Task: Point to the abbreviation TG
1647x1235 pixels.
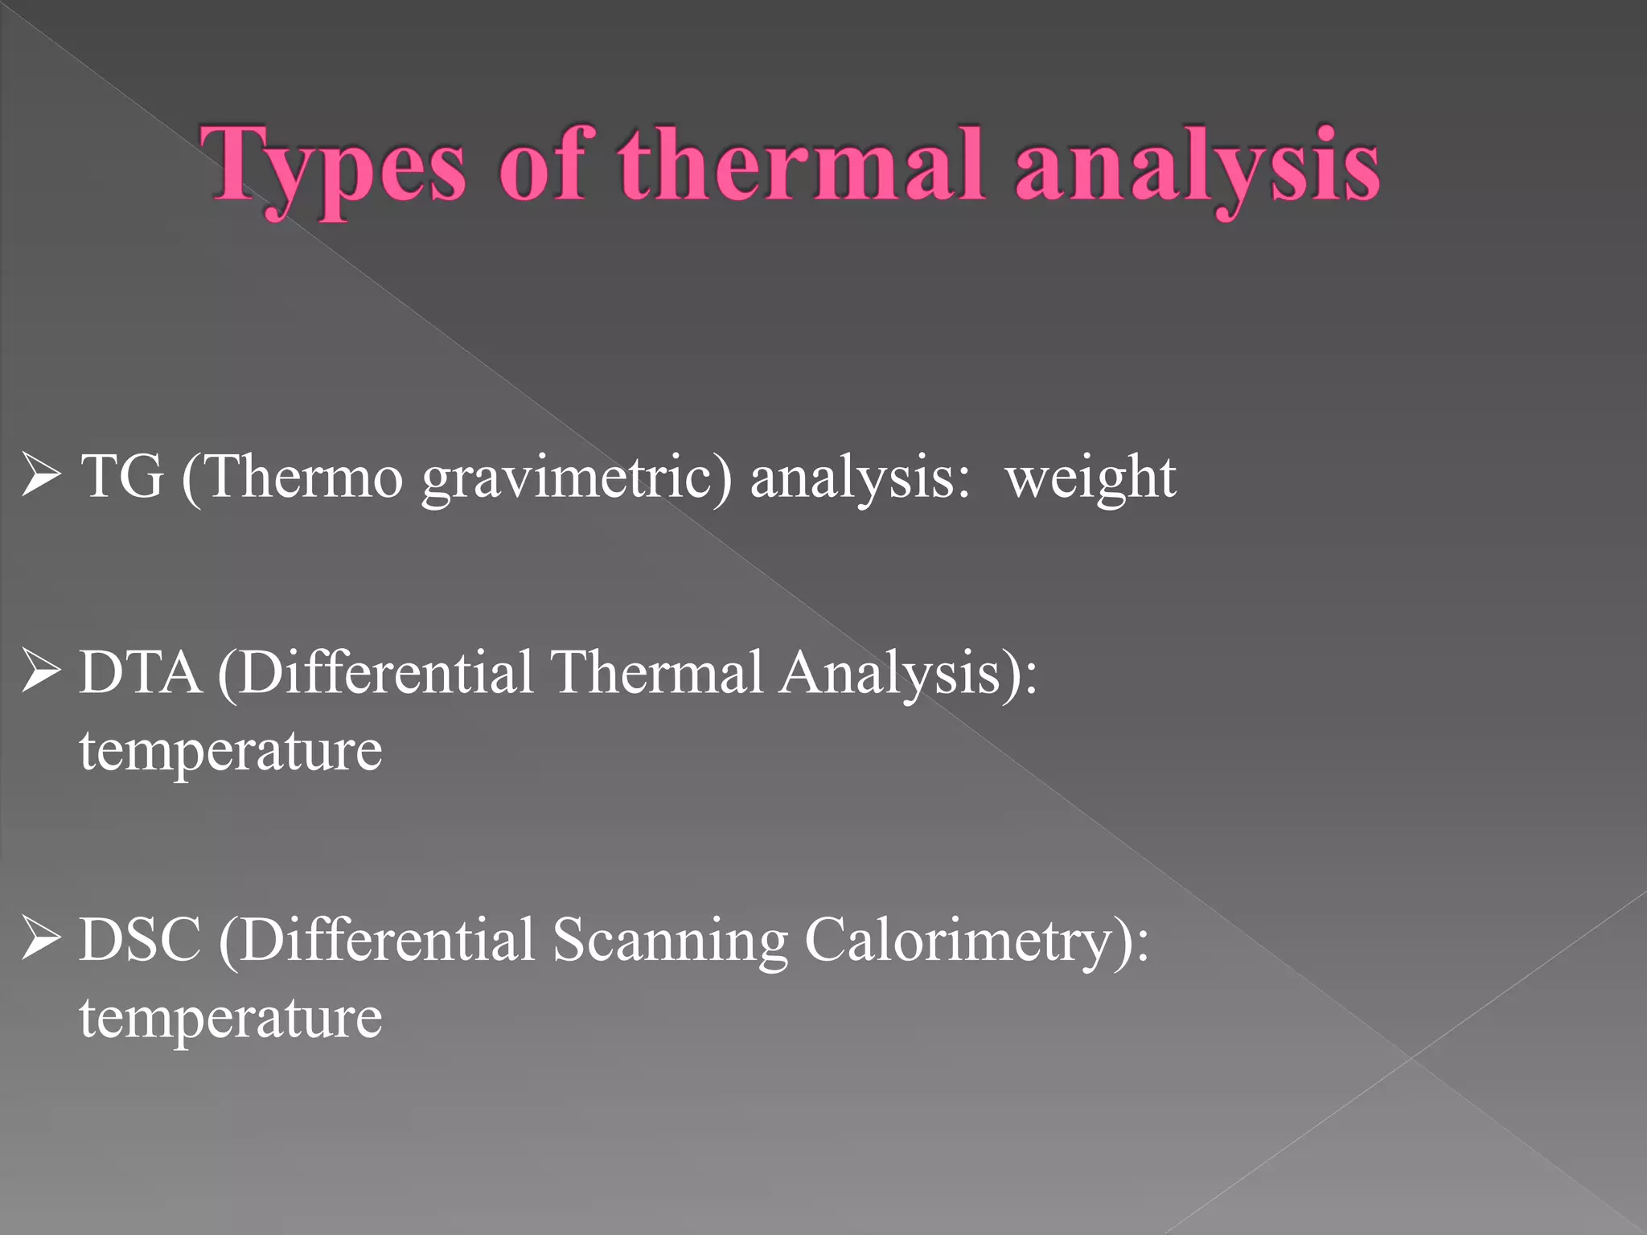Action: [122, 476]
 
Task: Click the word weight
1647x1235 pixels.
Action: [1090, 478]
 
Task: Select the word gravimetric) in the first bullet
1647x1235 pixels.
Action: [577, 479]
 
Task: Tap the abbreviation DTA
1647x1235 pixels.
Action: [140, 672]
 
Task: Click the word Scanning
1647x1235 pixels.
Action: [670, 941]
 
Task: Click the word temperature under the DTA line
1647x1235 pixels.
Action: [231, 751]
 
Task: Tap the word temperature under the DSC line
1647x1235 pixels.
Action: [231, 1018]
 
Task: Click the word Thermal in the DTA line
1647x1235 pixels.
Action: [655, 672]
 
